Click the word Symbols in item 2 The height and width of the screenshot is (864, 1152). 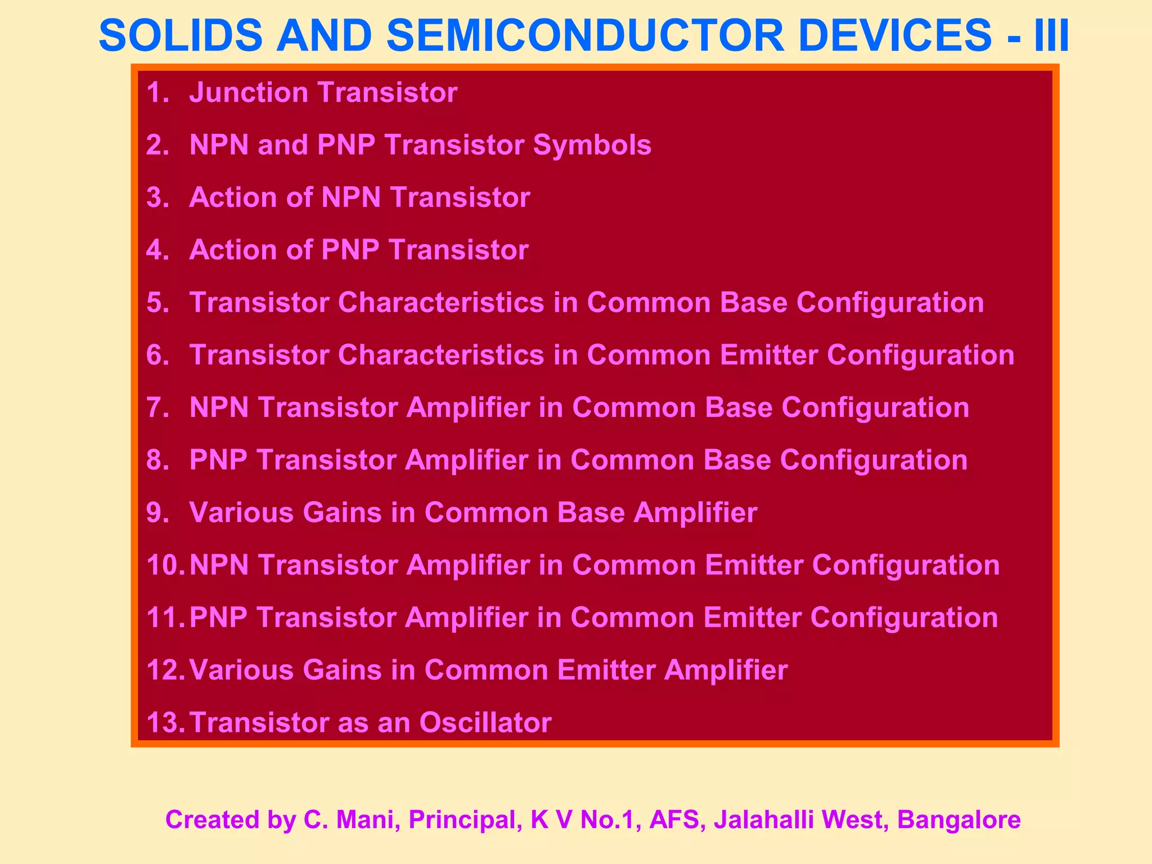pyautogui.click(x=592, y=145)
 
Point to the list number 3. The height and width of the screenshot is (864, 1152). pyautogui.click(x=157, y=198)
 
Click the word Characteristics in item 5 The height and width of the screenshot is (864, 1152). pyautogui.click(x=441, y=303)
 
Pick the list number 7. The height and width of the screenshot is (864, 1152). pyautogui.click(x=157, y=408)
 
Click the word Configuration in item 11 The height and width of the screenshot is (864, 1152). pyautogui.click(x=904, y=618)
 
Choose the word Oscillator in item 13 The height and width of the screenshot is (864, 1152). pyautogui.click(x=485, y=723)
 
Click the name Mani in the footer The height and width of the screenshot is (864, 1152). pyautogui.click(x=368, y=820)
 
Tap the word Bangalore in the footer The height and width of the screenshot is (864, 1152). pyautogui.click(x=959, y=820)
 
